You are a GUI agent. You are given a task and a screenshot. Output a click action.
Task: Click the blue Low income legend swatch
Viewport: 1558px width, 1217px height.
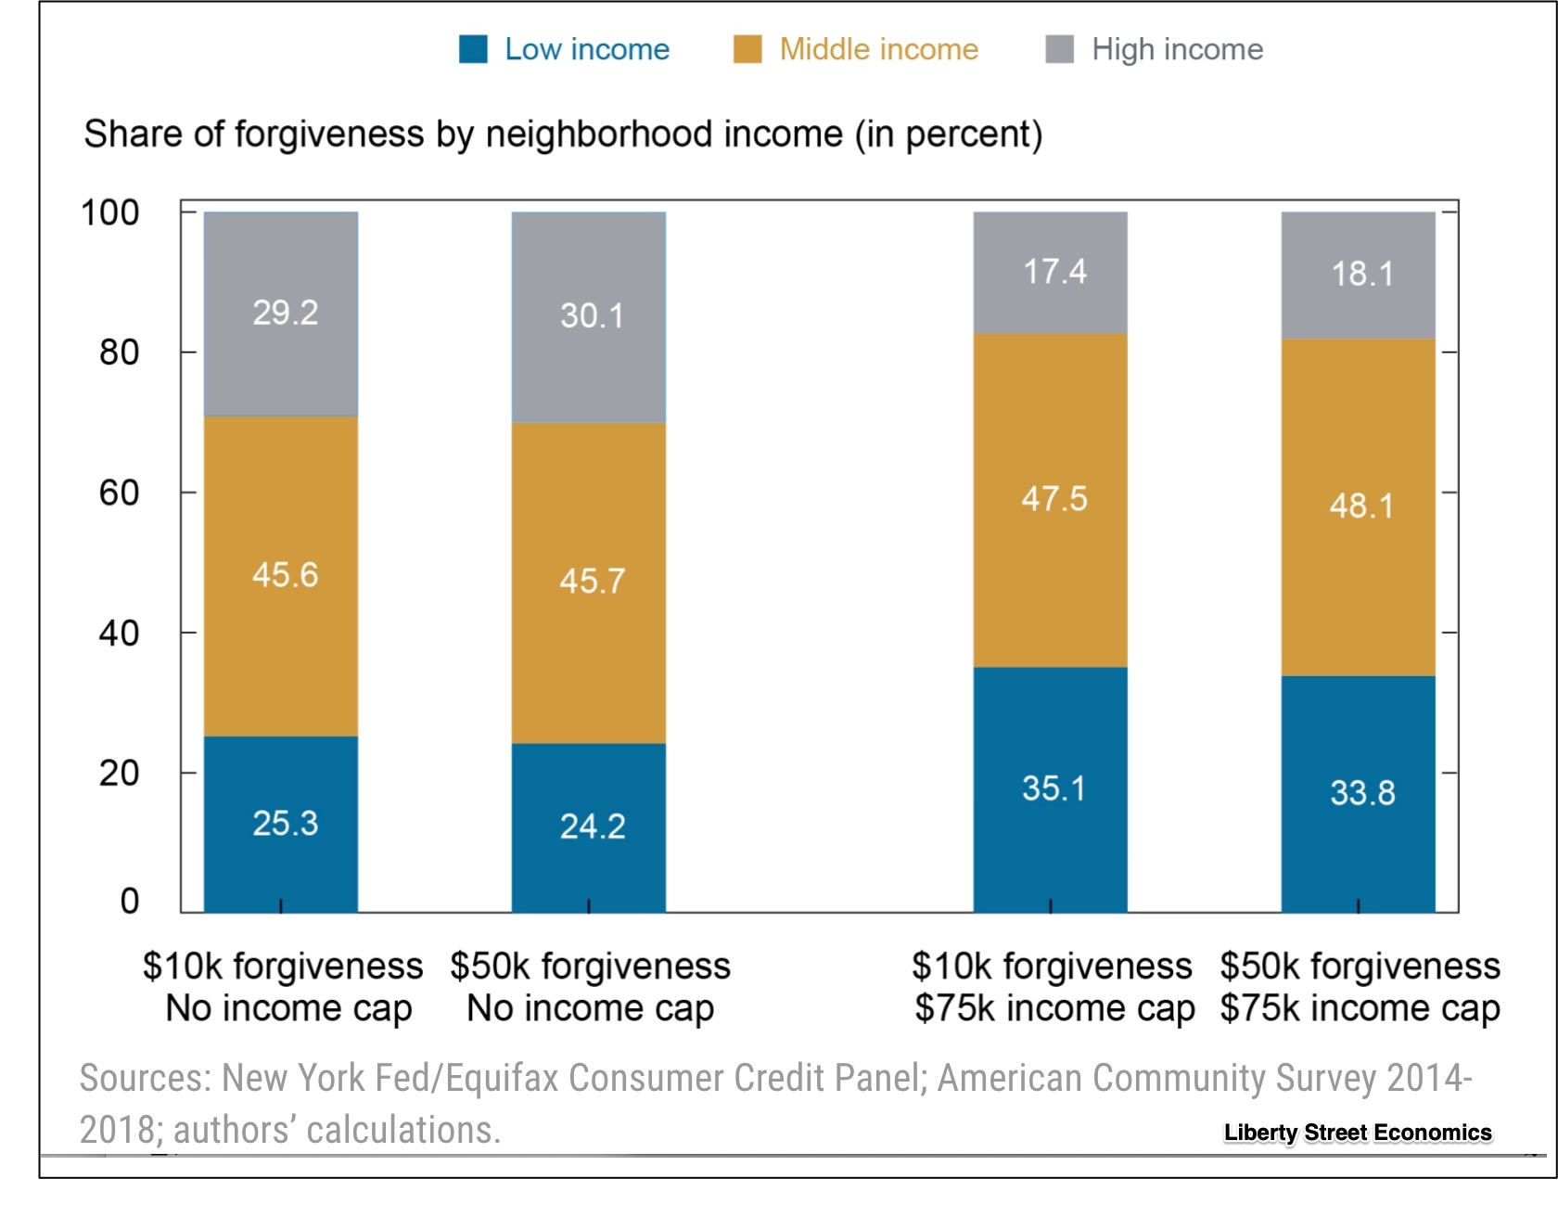pos(473,49)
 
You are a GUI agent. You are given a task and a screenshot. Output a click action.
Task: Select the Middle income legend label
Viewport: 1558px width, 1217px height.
pos(878,49)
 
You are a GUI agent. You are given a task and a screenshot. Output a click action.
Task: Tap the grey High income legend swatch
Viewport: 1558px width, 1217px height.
pos(1059,49)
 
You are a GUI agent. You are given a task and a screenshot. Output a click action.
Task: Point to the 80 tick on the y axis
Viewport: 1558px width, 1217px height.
pos(119,352)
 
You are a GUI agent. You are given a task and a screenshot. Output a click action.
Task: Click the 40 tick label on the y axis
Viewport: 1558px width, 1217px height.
pos(119,634)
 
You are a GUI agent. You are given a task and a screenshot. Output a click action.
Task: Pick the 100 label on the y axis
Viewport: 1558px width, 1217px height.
pos(110,212)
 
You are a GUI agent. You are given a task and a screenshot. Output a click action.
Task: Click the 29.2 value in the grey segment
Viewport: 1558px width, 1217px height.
pos(285,313)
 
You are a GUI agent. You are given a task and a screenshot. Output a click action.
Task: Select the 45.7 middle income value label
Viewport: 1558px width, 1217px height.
pos(592,582)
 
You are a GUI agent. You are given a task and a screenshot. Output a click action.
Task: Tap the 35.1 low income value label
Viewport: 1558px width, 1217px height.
pos(1054,788)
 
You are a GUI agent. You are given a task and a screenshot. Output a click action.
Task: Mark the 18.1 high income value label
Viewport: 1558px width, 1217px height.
pos(1361,274)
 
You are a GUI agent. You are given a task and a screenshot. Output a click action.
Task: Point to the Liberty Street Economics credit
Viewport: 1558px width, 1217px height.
pos(1358,1133)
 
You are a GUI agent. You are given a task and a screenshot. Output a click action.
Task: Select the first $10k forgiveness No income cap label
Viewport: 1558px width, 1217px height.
pos(283,987)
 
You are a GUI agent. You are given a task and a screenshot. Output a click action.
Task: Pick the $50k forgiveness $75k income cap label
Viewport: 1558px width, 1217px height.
pos(1360,987)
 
